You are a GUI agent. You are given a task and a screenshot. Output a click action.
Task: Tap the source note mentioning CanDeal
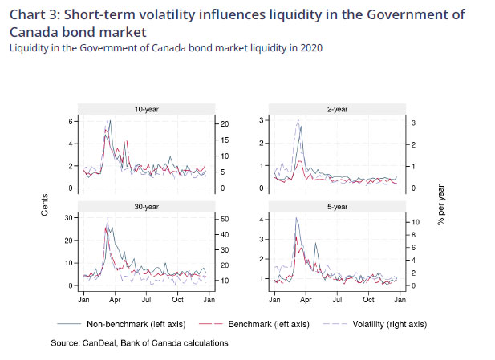click(x=139, y=342)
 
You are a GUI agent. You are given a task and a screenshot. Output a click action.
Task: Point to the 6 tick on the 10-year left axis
click(x=71, y=121)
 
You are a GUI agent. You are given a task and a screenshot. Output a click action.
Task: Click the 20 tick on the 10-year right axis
click(x=225, y=123)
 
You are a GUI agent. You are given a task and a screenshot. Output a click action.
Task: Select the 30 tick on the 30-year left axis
click(x=69, y=218)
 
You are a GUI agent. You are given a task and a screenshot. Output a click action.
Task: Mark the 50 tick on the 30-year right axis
click(x=225, y=218)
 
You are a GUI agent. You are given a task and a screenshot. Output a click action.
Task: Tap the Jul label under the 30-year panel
click(x=146, y=299)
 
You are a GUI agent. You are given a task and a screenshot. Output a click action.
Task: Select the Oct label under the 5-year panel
click(x=368, y=299)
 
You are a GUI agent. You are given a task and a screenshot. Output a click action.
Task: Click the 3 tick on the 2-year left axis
click(x=262, y=120)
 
